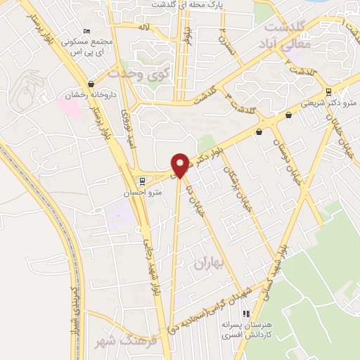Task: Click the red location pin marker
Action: coord(180,165)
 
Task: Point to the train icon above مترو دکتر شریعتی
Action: coord(328,92)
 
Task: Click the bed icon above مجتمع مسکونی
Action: coord(86,31)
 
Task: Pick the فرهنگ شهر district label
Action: coord(116,342)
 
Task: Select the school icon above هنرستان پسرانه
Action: coord(245,314)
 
